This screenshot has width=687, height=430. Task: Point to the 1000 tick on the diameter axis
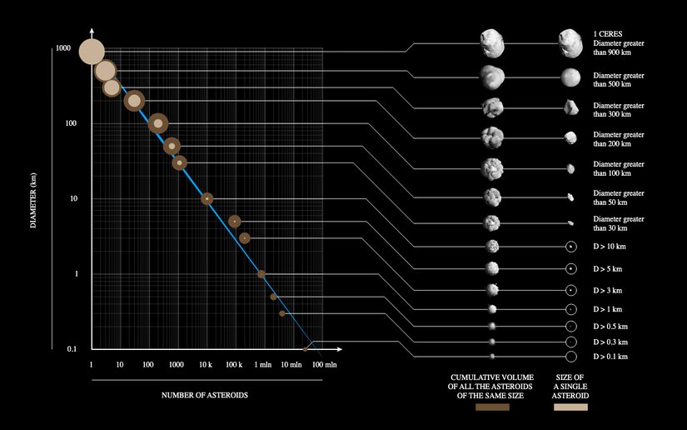point(62,48)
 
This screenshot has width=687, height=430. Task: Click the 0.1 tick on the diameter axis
point(72,348)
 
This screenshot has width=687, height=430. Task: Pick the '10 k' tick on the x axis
point(206,365)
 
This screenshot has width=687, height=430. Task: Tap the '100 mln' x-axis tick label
point(324,365)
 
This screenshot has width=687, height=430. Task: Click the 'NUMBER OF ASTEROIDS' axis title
point(205,394)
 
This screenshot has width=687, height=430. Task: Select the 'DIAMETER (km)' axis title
point(34,199)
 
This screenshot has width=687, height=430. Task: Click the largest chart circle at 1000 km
point(91,52)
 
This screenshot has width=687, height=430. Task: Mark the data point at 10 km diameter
point(207,198)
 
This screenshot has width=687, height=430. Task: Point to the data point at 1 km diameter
point(261,273)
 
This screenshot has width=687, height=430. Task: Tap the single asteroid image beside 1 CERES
point(571,40)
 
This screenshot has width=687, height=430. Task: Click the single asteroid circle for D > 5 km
point(571,269)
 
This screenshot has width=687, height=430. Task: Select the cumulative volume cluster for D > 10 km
point(492,247)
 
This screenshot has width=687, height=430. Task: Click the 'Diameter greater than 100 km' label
point(618,169)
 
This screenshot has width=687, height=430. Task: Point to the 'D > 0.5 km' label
point(610,326)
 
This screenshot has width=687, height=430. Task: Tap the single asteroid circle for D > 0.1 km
point(571,357)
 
